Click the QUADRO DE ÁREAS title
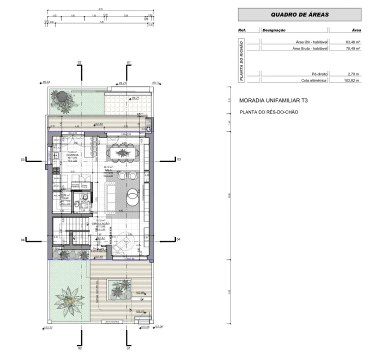click(299, 14)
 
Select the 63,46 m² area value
click(350, 43)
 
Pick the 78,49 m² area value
click(350, 49)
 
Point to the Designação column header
click(273, 30)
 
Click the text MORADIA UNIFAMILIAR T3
click(273, 100)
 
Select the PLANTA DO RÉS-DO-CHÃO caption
click(268, 112)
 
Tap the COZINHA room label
click(73, 155)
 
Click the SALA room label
click(107, 170)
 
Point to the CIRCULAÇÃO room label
click(94, 223)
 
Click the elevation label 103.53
click(48, 328)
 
